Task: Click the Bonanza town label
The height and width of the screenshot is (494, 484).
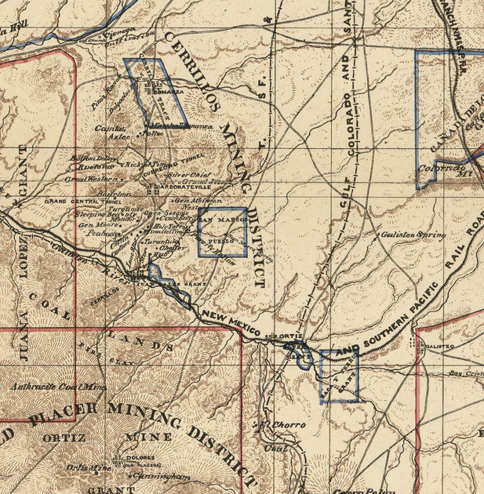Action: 172,92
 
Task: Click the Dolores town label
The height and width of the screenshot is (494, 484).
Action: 132,459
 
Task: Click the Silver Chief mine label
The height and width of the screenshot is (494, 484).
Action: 189,175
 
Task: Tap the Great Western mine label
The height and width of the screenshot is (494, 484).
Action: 86,179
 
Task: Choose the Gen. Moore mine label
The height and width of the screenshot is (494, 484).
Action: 93,223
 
